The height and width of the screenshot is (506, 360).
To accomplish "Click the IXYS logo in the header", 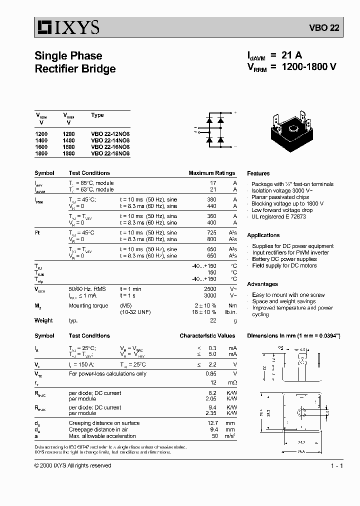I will (x=67, y=27).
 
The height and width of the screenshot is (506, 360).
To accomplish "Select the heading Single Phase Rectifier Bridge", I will (x=75, y=62).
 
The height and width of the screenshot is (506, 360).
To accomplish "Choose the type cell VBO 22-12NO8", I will (x=110, y=134).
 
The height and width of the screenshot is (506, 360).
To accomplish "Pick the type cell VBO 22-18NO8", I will (x=110, y=154).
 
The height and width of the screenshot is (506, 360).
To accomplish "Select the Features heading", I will (x=258, y=173).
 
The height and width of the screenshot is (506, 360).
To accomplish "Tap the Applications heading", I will (x=263, y=235).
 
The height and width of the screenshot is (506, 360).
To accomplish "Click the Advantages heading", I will (x=262, y=284).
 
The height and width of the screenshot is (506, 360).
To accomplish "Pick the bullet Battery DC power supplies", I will (x=284, y=259).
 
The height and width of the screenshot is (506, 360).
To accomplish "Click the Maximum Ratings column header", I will (x=211, y=173).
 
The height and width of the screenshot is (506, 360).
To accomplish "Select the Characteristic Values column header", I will (x=207, y=336).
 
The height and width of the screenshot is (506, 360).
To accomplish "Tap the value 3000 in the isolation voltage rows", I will (x=210, y=295).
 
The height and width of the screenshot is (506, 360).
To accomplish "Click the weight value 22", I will (x=213, y=320).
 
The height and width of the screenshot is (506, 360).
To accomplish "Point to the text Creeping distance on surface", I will (x=104, y=423).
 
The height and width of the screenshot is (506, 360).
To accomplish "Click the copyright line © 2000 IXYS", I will (x=73, y=465).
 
